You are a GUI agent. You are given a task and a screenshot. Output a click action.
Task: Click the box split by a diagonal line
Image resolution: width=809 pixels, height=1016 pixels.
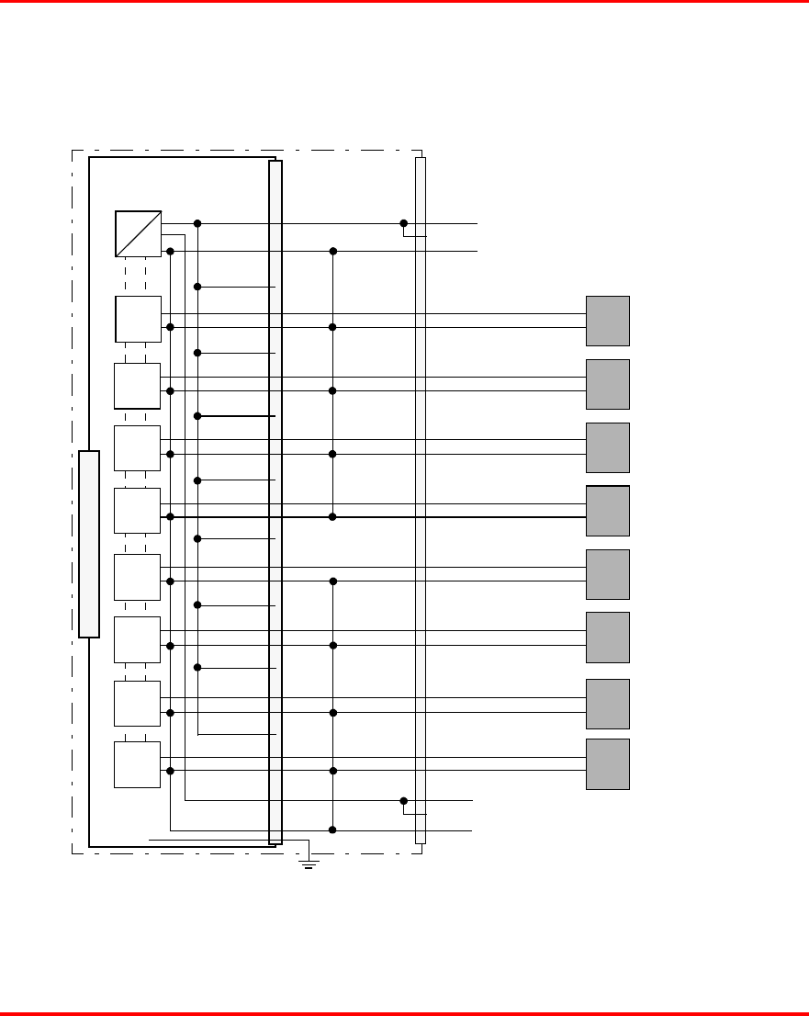(138, 233)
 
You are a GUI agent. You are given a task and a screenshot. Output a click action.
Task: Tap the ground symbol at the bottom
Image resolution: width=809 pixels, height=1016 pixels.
(309, 863)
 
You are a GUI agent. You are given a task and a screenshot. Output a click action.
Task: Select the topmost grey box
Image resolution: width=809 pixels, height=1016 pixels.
(607, 321)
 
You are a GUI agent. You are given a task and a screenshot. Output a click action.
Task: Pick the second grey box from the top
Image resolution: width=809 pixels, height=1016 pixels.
(607, 384)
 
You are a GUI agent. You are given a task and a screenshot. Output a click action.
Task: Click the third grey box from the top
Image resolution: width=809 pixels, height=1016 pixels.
(607, 447)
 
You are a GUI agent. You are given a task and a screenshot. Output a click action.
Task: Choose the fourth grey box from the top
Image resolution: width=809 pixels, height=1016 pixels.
(607, 511)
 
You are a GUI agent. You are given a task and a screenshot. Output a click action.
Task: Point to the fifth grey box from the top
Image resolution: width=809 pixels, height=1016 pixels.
(607, 574)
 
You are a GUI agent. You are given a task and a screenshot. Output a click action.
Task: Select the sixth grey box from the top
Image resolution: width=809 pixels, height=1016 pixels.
(607, 637)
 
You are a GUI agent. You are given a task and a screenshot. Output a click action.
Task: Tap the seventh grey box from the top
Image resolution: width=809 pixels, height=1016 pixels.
(607, 704)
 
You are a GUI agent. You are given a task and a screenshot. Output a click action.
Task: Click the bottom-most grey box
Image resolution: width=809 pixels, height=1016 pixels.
(607, 764)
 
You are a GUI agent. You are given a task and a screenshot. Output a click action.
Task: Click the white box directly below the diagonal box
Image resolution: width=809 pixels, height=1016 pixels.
(138, 319)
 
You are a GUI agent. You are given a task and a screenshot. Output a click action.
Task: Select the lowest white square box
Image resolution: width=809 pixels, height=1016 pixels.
(137, 764)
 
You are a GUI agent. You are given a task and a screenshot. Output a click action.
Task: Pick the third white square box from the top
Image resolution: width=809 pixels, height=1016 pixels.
(137, 448)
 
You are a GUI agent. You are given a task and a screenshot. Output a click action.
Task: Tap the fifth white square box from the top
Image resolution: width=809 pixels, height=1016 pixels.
(137, 576)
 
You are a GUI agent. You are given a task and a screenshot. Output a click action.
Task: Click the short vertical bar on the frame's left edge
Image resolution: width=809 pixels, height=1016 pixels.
(88, 544)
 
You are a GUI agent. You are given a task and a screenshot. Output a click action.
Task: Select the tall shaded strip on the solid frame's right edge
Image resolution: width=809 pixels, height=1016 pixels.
(275, 502)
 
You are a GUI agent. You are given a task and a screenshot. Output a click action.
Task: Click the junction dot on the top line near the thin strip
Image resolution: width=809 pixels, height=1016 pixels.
(403, 223)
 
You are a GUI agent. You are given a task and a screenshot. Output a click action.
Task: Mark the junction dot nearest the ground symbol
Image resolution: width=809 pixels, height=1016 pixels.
(332, 830)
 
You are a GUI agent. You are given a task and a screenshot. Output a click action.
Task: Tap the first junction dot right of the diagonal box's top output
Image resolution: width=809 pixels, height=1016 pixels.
(197, 223)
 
